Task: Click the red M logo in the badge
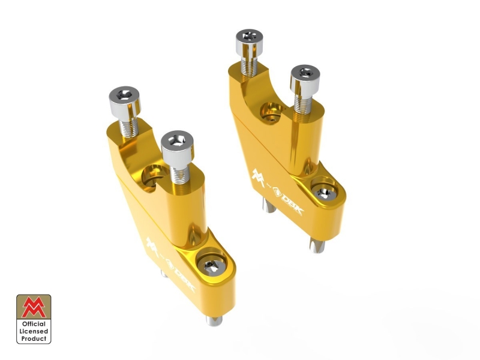tap(34, 307)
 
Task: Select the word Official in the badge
tap(34, 324)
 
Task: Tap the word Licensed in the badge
tap(34, 331)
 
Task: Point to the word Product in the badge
tap(34, 338)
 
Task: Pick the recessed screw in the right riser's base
tap(325, 193)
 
